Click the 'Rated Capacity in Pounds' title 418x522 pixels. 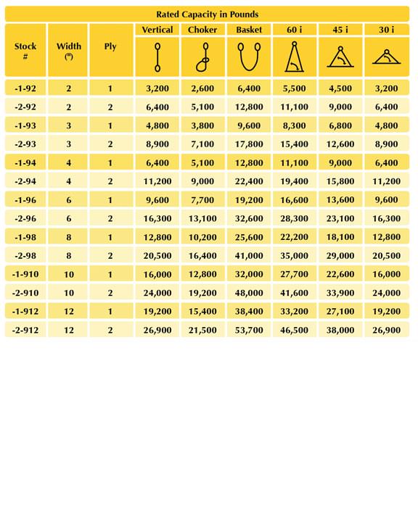[x=207, y=14]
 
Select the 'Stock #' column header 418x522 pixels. [x=25, y=50]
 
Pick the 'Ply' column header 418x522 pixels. [x=110, y=46]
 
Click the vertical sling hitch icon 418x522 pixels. [x=157, y=57]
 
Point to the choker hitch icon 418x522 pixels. [x=202, y=57]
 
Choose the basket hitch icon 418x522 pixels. [x=249, y=57]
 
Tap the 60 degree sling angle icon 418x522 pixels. [x=294, y=57]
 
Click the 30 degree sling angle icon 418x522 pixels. [x=387, y=57]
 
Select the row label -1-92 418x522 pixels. [x=25, y=88]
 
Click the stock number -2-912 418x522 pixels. [x=25, y=331]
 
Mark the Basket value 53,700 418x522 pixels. [x=249, y=331]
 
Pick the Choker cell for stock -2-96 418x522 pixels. [x=202, y=218]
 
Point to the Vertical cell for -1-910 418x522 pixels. [x=157, y=274]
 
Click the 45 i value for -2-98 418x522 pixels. [x=340, y=256]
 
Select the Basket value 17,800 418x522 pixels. [x=249, y=144]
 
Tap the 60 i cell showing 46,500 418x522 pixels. [x=294, y=331]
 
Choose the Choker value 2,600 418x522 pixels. [x=202, y=88]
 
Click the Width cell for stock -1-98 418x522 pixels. [x=69, y=237]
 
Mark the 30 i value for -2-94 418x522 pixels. [x=387, y=181]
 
